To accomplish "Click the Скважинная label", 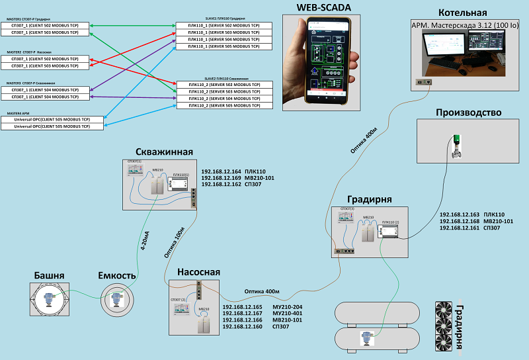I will (x=164, y=152).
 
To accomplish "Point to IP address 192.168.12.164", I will (x=220, y=171).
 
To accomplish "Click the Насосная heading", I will (x=198, y=272).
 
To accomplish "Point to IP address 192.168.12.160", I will (x=242, y=326).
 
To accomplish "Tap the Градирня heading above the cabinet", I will (x=370, y=200).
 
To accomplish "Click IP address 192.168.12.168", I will (x=460, y=221).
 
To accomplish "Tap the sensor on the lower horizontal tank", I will (x=364, y=337).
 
